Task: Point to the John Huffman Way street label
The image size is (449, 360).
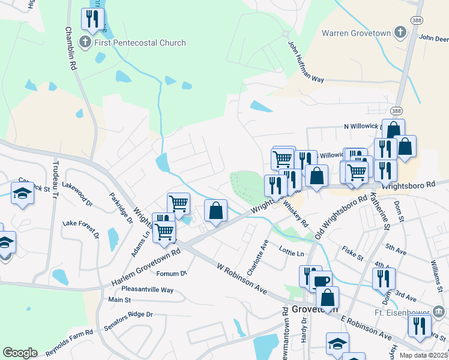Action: pos(306,62)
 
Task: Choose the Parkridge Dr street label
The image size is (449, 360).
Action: pos(121,208)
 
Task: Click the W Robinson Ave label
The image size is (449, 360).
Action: pos(241,281)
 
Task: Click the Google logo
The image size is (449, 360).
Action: pos(20,353)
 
